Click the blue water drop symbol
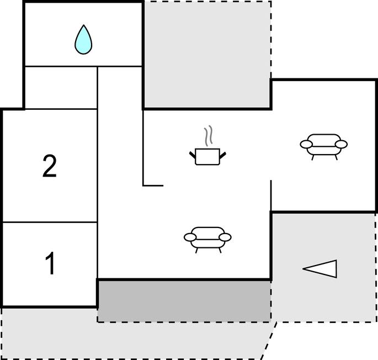[x=83, y=40]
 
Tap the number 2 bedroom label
[x=50, y=166]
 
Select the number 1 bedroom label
[x=50, y=263]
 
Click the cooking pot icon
[x=207, y=157]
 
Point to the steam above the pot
[x=209, y=136]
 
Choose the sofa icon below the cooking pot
[x=207, y=240]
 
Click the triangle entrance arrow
[x=320, y=269]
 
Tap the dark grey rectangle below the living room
[x=184, y=301]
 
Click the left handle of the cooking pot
[x=193, y=155]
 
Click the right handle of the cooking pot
[x=223, y=155]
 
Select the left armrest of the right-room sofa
[x=306, y=144]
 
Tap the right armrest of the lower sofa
[x=225, y=237]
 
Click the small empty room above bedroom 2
[x=61, y=88]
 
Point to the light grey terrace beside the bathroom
[x=207, y=54]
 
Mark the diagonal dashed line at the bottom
[x=269, y=340]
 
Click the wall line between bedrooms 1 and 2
[x=50, y=222]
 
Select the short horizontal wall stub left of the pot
[x=153, y=186]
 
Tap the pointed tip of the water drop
[x=83, y=25]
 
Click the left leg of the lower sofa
[x=196, y=251]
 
